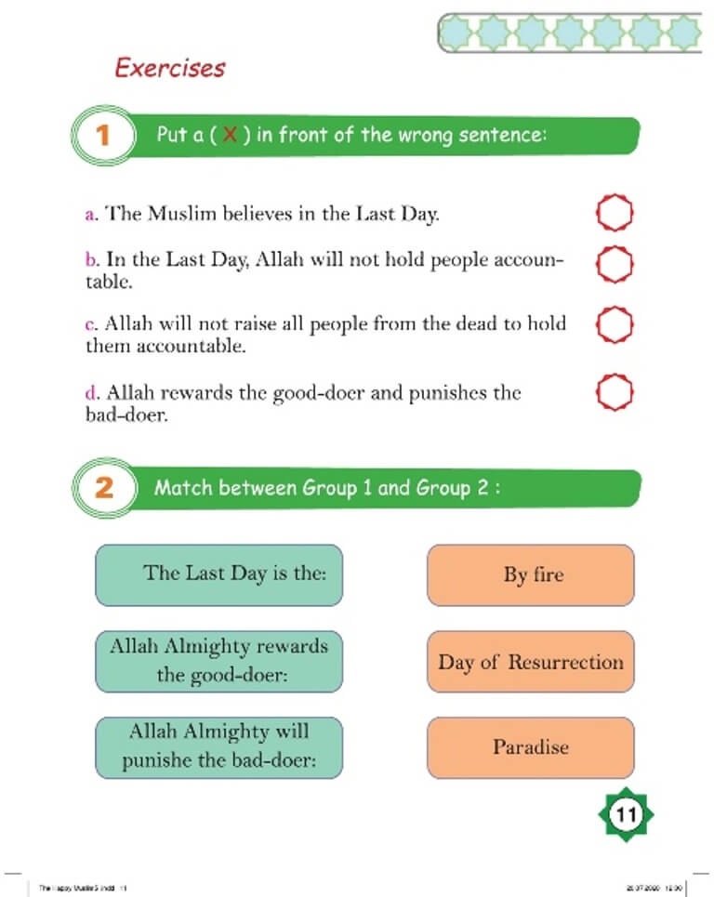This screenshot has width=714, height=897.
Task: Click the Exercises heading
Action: click(x=169, y=68)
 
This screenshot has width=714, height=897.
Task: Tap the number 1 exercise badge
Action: click(x=103, y=136)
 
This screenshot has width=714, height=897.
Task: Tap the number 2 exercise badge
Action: click(x=103, y=488)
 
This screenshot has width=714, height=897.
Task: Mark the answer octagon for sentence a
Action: click(x=614, y=213)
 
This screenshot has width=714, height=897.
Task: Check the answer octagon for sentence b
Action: click(x=614, y=264)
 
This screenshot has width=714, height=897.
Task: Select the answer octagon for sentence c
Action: click(x=614, y=325)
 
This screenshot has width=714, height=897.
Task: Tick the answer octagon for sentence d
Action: click(x=614, y=393)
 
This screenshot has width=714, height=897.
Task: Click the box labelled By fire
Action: click(x=530, y=575)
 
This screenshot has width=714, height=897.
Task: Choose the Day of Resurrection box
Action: click(x=530, y=662)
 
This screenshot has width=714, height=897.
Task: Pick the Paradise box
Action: click(x=530, y=747)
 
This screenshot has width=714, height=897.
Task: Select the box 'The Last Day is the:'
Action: click(x=218, y=574)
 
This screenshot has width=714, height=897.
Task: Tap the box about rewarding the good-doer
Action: click(x=218, y=661)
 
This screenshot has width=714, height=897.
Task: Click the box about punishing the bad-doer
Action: click(x=218, y=746)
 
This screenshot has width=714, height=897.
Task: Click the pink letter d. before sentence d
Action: click(x=90, y=393)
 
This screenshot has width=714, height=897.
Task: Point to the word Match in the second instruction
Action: click(x=183, y=488)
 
